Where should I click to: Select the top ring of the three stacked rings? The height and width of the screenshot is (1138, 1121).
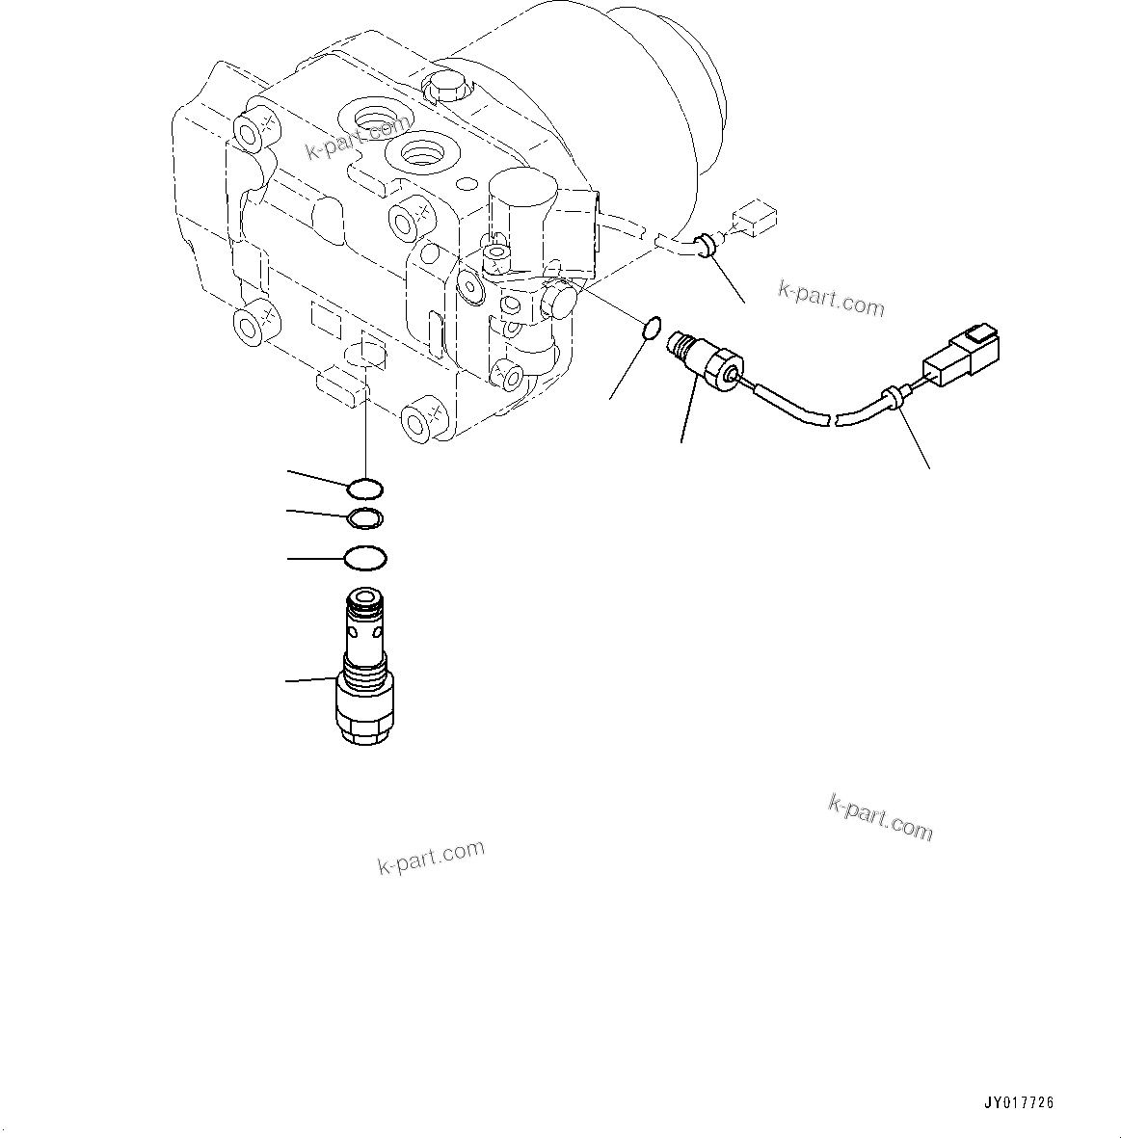(365, 489)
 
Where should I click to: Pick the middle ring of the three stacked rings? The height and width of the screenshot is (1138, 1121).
(365, 519)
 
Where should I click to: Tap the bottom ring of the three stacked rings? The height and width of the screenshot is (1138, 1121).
(365, 558)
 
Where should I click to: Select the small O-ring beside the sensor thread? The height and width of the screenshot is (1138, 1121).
(651, 330)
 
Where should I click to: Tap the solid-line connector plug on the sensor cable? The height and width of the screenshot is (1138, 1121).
(962, 356)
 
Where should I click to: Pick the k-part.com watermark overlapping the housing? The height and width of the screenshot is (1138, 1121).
(357, 138)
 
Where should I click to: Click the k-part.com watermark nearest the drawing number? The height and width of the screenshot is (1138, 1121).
(880, 817)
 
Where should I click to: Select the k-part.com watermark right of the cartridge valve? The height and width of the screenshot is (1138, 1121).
(431, 856)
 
